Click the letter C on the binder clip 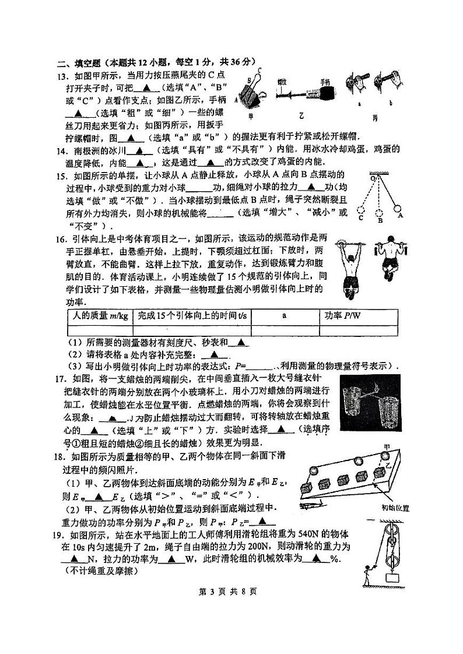pos(259,72)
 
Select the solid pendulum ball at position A pos(400,207)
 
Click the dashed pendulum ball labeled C pos(362,210)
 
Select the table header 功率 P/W pos(343,316)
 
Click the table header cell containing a pos(284,316)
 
